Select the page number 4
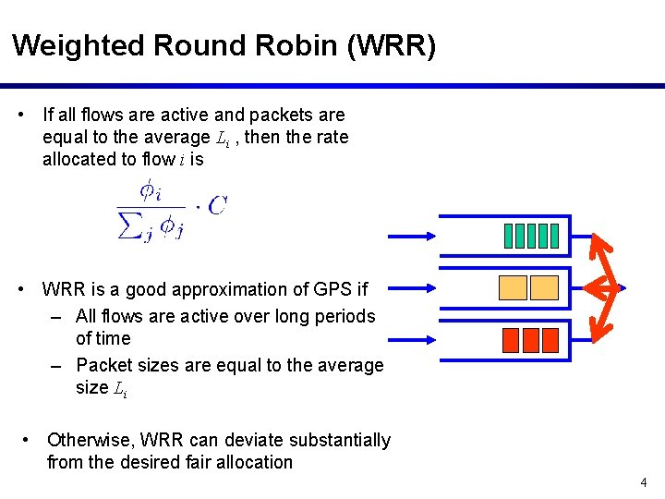pyautogui.click(x=644, y=482)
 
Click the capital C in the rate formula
pyautogui.click(x=217, y=205)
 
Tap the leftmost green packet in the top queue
pyautogui.click(x=510, y=237)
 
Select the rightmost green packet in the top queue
pyautogui.click(x=554, y=237)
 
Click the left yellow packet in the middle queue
pyautogui.click(x=514, y=288)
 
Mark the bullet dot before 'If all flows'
pyautogui.click(x=21, y=116)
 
